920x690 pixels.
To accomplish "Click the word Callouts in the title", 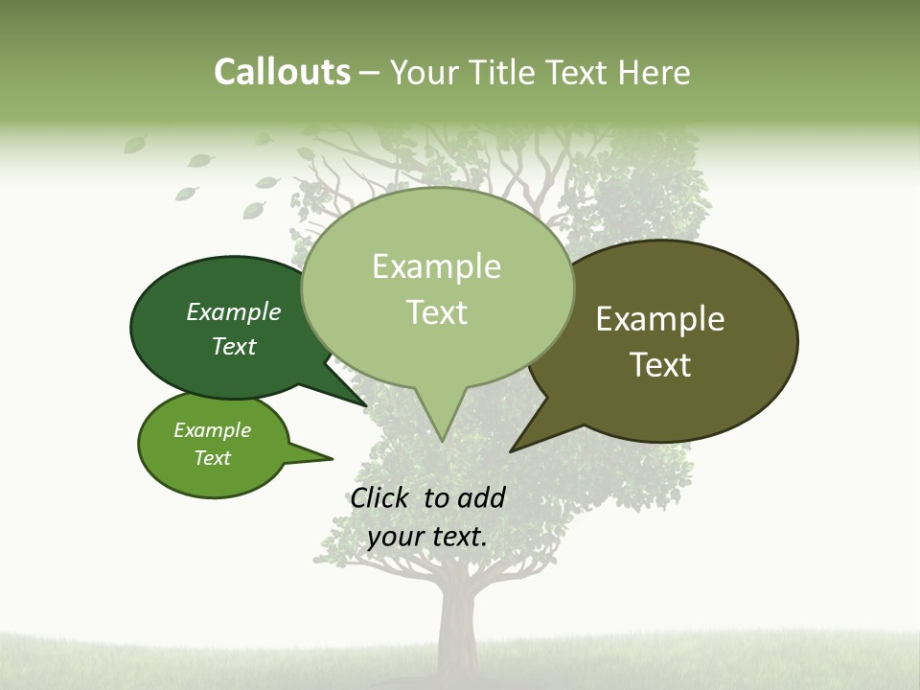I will (282, 72).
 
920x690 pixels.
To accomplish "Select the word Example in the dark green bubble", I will (233, 311).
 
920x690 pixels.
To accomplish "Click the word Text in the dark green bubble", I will (233, 346).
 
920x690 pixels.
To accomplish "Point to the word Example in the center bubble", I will (436, 266).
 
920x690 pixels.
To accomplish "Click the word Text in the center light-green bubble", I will (436, 312).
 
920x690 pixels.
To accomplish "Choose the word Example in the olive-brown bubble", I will (660, 319).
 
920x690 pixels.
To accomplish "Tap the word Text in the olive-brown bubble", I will (660, 365).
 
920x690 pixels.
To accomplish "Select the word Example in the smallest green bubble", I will (212, 430).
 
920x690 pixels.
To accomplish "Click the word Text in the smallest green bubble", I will (212, 458).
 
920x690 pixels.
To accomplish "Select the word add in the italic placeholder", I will (481, 497).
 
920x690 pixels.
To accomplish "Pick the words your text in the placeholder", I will (426, 537).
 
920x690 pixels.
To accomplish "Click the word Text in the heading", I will (580, 73).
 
